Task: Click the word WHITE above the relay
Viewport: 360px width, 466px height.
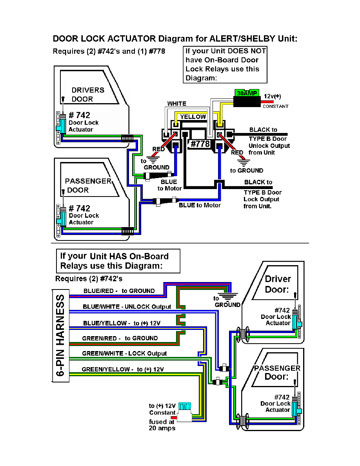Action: (177, 104)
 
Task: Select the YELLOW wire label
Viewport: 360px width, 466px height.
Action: (193, 116)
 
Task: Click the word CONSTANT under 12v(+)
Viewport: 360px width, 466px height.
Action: (275, 106)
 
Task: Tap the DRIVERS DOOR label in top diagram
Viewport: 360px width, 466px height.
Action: (87, 95)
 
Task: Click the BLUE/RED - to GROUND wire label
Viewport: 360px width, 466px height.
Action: (119, 291)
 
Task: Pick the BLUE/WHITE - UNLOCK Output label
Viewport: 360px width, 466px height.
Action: (127, 306)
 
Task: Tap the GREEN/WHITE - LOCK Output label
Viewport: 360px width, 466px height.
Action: (124, 353)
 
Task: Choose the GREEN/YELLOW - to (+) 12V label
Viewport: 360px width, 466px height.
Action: (122, 369)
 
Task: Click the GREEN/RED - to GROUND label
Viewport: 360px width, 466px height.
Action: (120, 338)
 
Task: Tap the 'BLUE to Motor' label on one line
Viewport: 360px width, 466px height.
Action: (200, 205)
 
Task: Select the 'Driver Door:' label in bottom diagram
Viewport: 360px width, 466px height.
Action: (278, 284)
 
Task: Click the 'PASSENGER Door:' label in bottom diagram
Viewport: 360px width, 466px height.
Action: (277, 372)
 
